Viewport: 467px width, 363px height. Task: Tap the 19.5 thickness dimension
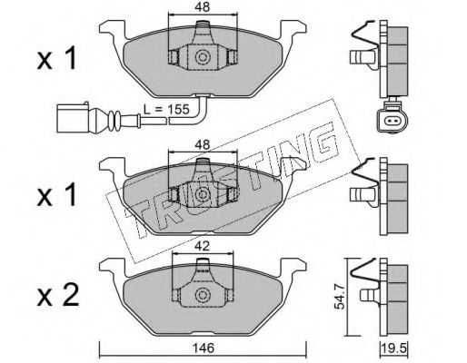[395, 348]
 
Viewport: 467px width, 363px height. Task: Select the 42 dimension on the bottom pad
[203, 246]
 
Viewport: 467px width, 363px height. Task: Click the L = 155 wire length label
[166, 109]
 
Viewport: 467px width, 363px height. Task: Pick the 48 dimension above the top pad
[203, 7]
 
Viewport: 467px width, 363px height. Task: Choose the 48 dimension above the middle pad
[203, 145]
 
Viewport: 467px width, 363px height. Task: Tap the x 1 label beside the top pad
[56, 59]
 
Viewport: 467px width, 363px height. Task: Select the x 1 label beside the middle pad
[56, 197]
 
